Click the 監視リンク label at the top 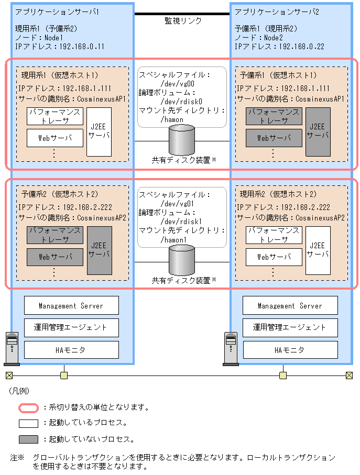[x=182, y=21]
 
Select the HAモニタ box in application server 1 [x=71, y=349]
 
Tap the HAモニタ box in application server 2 [x=290, y=349]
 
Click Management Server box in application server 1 [x=71, y=305]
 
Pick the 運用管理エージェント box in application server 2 [x=290, y=327]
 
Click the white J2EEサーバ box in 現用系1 [x=99, y=131]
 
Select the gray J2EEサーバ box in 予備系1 [x=318, y=131]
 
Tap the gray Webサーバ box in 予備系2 [x=55, y=257]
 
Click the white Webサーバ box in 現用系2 [x=274, y=257]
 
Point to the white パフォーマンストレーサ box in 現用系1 [x=55, y=116]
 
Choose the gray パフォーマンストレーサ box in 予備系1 [x=274, y=116]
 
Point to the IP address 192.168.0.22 [x=301, y=47]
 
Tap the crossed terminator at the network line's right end [x=349, y=375]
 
